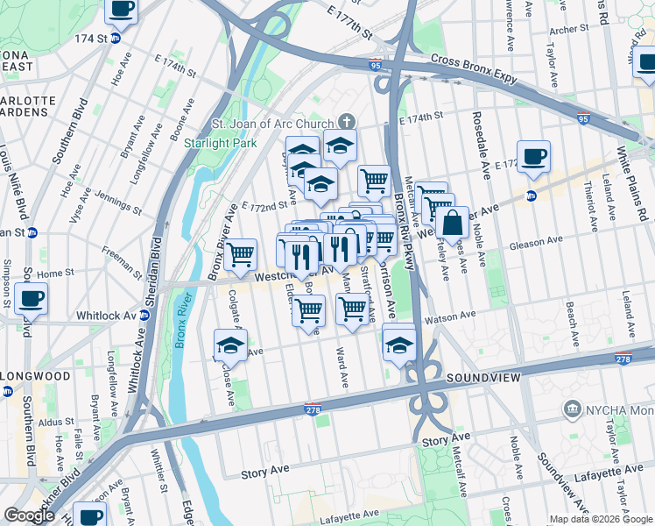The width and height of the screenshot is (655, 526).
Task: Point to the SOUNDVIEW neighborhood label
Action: pyautogui.click(x=484, y=377)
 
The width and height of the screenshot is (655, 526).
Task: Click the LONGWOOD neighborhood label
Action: pyautogui.click(x=35, y=376)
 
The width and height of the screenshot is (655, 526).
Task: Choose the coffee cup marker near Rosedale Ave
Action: pyautogui.click(x=533, y=157)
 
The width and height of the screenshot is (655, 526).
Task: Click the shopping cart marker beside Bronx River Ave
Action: pyautogui.click(x=240, y=255)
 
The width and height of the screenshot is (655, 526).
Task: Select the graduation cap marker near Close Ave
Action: pyautogui.click(x=230, y=345)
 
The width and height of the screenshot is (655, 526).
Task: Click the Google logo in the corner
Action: pyautogui.click(x=29, y=515)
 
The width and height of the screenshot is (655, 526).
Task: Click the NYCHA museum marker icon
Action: pyautogui.click(x=573, y=409)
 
